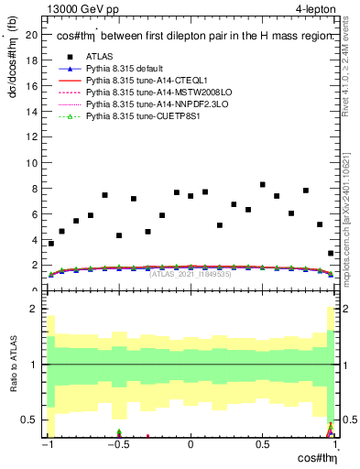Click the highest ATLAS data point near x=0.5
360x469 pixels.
click(x=262, y=185)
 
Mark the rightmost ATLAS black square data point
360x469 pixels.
click(x=331, y=254)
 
